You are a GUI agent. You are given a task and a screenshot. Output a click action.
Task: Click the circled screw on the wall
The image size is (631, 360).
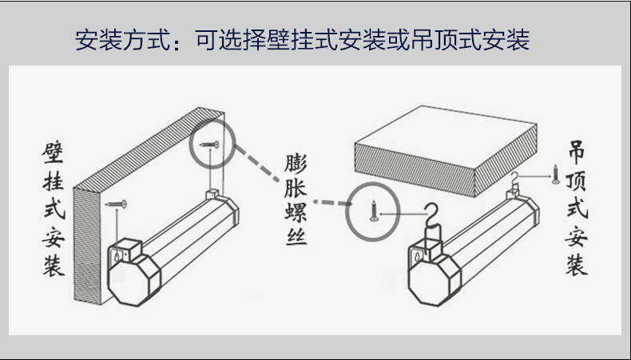pos(212,144)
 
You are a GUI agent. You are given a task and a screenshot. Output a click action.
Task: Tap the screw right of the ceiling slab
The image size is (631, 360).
pos(556,174)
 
